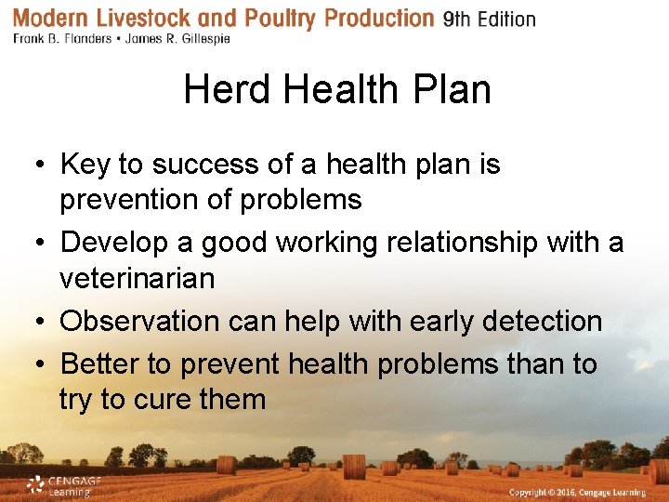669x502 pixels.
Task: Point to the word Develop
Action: coord(113,243)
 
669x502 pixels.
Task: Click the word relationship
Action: coord(459,243)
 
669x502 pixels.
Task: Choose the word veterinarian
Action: coord(137,278)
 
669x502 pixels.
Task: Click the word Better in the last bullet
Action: coord(98,363)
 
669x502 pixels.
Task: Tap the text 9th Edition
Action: coord(490,20)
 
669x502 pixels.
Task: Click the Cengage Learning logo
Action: coord(63,485)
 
